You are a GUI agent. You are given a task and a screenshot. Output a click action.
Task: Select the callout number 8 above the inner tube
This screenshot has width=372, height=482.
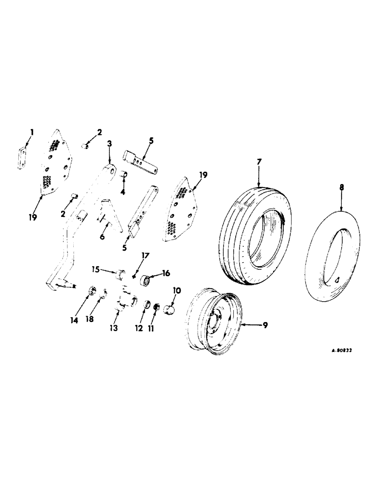(342, 185)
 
